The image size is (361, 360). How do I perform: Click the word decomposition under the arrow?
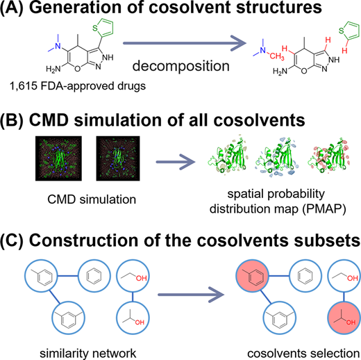click(180, 66)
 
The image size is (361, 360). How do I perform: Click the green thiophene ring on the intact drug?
click(103, 28)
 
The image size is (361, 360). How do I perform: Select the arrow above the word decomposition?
click(185, 43)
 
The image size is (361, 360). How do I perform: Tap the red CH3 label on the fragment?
click(276, 56)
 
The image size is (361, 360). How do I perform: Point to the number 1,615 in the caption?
click(24, 86)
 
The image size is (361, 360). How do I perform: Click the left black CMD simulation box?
click(58, 158)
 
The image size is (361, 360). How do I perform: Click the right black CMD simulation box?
click(118, 158)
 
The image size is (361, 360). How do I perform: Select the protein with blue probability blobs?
click(276, 157)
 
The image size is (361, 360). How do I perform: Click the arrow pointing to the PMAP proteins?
click(176, 162)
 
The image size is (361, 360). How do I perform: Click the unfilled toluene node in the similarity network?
click(41, 276)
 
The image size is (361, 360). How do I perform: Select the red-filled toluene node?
click(252, 276)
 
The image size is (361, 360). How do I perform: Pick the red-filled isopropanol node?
click(344, 318)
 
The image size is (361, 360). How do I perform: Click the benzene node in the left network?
click(94, 276)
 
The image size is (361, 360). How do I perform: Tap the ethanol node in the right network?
click(344, 276)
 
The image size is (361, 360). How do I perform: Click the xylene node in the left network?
click(69, 318)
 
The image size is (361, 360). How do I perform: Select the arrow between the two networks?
click(191, 295)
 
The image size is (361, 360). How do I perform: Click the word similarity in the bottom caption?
click(60, 354)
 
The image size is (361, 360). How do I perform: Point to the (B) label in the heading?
click(12, 120)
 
